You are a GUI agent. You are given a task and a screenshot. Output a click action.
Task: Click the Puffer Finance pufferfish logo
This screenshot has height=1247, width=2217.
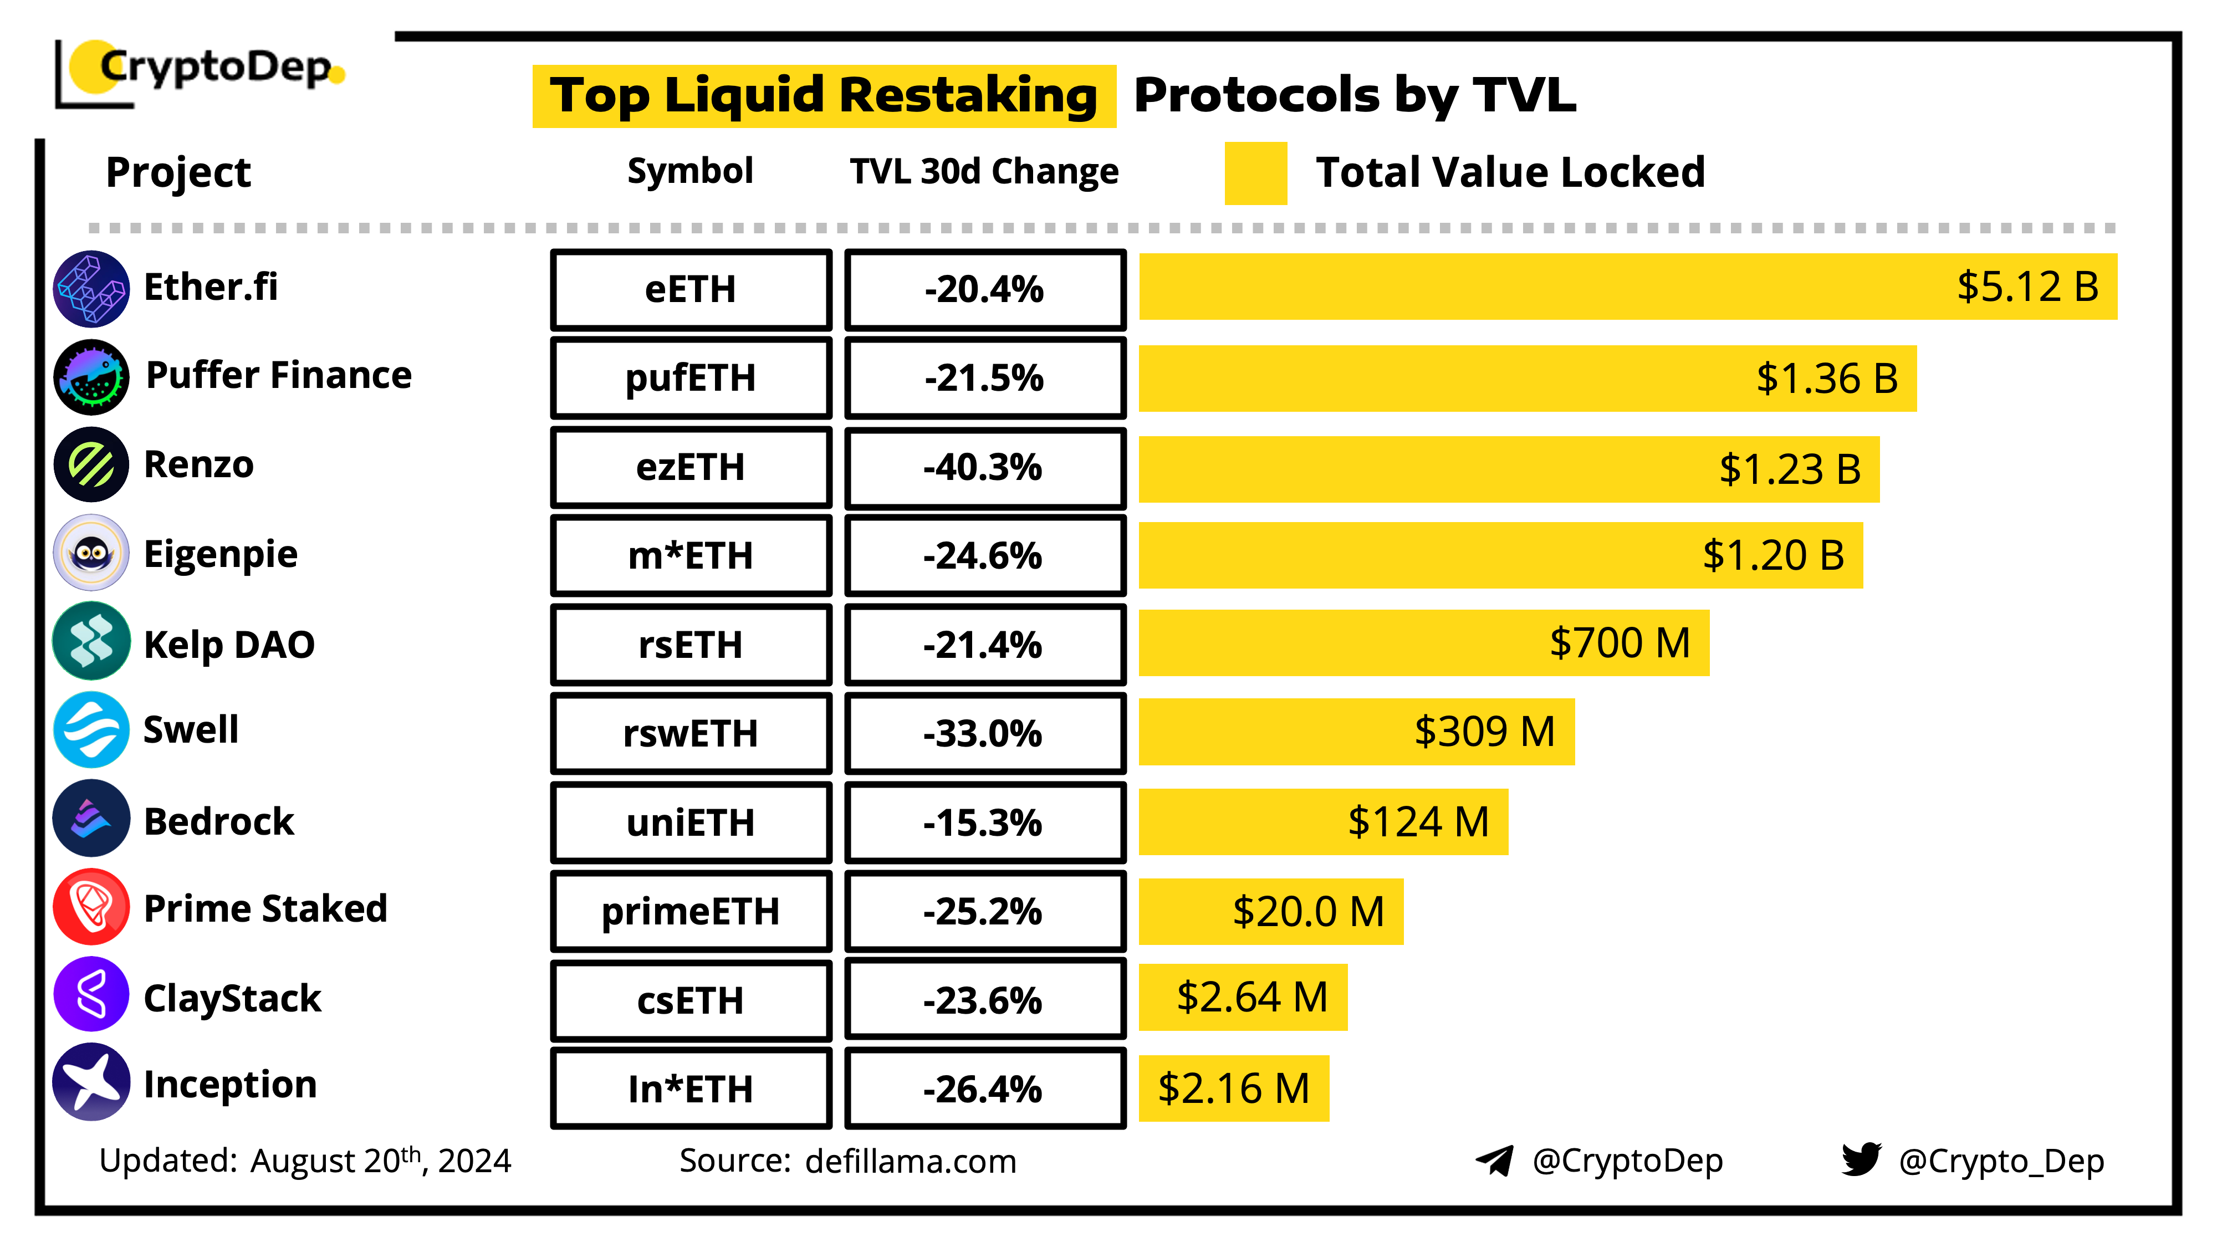pos(91,377)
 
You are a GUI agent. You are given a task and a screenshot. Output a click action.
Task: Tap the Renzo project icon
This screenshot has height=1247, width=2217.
pos(91,465)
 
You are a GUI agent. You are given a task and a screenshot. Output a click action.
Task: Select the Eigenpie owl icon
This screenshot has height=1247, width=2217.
pos(91,553)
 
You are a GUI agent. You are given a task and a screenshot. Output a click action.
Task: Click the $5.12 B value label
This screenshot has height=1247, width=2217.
pos(2027,287)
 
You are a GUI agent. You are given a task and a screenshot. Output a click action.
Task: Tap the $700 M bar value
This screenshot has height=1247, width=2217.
pos(1619,643)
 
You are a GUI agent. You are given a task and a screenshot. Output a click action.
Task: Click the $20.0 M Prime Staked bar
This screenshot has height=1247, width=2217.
pos(1270,911)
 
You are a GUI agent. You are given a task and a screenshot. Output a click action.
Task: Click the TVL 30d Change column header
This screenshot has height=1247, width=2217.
pos(984,171)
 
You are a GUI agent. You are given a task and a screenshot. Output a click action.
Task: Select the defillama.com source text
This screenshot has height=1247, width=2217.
pos(911,1161)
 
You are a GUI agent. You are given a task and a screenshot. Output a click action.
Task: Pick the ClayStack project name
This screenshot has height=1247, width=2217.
pos(232,998)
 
